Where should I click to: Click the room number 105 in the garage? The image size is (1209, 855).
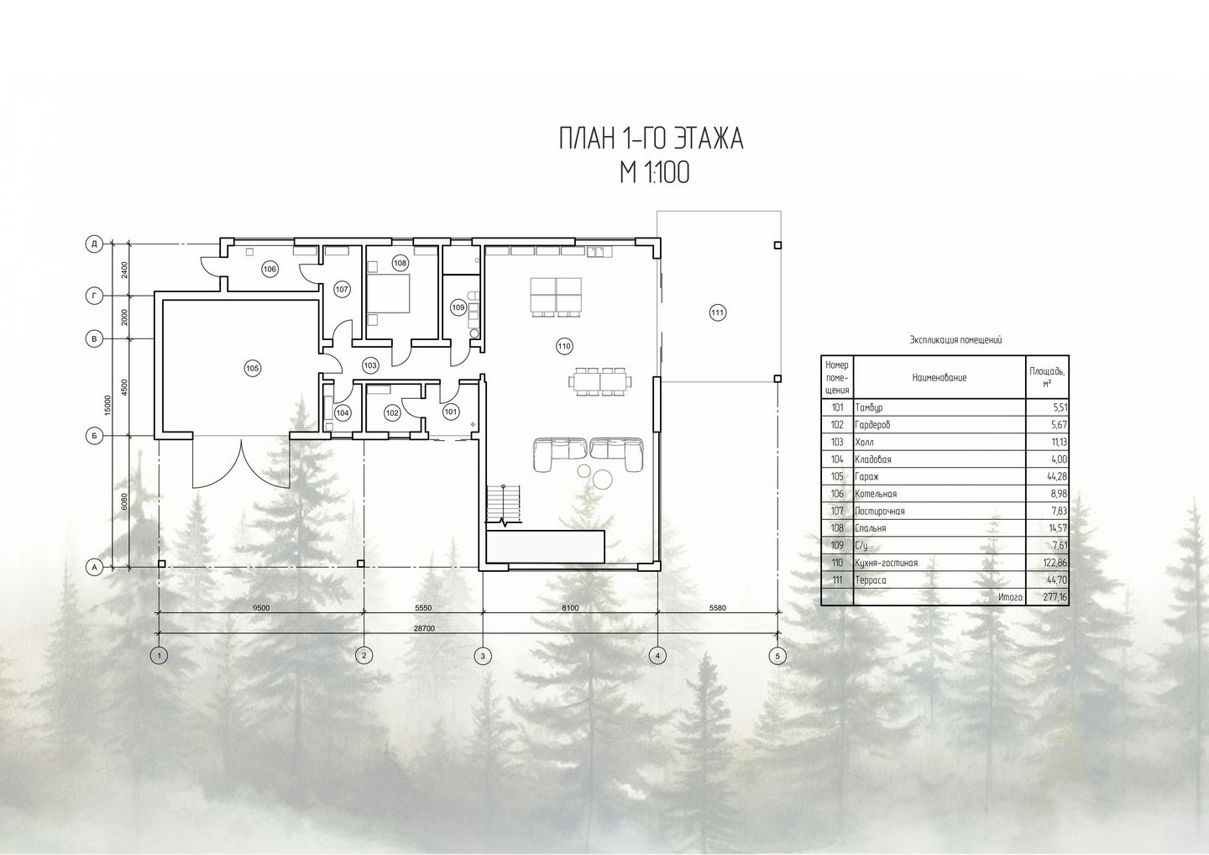click(x=252, y=369)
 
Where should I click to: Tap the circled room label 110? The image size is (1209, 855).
click(x=564, y=347)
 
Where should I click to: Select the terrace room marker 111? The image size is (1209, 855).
click(x=717, y=312)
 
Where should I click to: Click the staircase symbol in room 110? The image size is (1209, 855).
click(x=504, y=504)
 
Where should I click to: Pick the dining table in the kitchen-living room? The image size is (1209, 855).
click(x=599, y=381)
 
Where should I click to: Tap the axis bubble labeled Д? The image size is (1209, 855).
click(x=94, y=244)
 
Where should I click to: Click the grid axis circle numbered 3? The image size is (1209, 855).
click(x=483, y=656)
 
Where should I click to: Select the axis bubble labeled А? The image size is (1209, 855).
click(x=94, y=567)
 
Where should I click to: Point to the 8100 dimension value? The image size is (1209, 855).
click(x=570, y=608)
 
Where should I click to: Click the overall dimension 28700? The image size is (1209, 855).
click(x=424, y=628)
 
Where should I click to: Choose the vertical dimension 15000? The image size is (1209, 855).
click(x=107, y=405)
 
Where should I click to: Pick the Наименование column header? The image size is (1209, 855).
click(x=939, y=378)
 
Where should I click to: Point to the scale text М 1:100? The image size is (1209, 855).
click(x=655, y=173)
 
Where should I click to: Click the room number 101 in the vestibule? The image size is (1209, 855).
click(x=451, y=412)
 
